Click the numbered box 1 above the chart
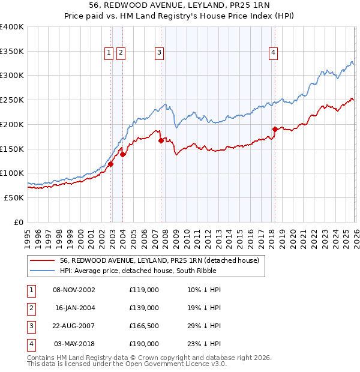coord(109,53)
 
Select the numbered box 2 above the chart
coord(121,53)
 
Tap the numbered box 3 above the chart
coord(160,53)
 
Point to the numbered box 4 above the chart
coord(273,53)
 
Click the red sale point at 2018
coord(275,129)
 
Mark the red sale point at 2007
coord(161,140)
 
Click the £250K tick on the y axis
coord(12,100)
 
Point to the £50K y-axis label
coord(14,197)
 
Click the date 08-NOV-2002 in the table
coord(74,290)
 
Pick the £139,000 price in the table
coord(144,308)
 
